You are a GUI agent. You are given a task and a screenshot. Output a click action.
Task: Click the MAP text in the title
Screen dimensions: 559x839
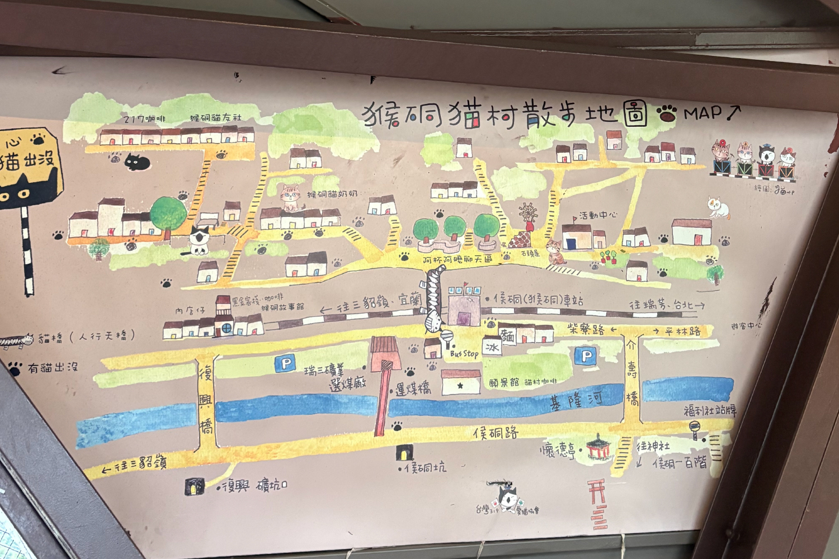(703, 113)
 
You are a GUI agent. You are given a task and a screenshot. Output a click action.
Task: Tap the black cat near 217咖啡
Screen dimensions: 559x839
(137, 162)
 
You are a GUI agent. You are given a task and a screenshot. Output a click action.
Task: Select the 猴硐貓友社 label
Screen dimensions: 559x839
(216, 118)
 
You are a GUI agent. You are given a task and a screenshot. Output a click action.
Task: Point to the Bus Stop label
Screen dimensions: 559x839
(464, 353)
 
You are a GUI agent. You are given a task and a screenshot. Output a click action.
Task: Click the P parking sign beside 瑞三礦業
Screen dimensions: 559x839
(285, 364)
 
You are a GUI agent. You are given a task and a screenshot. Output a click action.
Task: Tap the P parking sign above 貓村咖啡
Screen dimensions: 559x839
(586, 356)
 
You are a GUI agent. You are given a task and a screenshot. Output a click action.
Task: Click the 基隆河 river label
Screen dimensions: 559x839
(576, 400)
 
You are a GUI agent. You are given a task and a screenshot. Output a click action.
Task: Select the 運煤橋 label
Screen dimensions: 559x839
(413, 389)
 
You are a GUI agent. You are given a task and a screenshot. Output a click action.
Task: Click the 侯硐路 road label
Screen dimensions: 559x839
(496, 432)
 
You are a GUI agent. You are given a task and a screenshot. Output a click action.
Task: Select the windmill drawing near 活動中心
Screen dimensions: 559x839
(527, 215)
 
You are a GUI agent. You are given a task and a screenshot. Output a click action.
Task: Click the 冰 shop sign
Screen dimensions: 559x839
(492, 347)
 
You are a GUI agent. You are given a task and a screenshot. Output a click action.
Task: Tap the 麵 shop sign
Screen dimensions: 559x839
(507, 335)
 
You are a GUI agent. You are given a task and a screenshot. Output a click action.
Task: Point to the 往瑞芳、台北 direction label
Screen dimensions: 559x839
(666, 305)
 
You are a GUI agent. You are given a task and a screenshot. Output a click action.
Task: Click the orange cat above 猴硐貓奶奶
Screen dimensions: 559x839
(290, 197)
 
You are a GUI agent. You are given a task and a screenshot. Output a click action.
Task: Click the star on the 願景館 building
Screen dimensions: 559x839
(460, 385)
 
